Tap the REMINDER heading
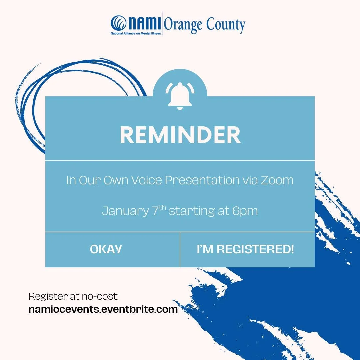(180, 135)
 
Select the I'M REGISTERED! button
(245, 249)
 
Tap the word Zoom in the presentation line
(278, 180)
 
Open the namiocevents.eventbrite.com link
(103, 309)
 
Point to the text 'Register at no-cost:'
(74, 296)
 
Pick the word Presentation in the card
(202, 180)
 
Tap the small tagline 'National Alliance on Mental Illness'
(136, 33)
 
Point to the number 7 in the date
(155, 211)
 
